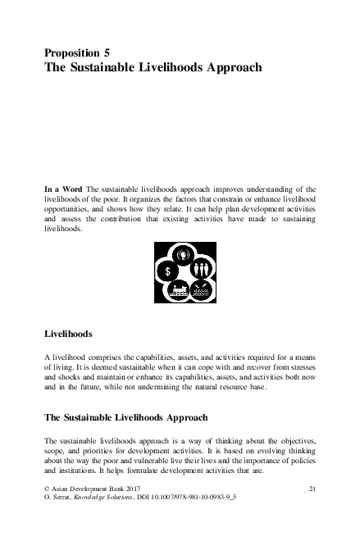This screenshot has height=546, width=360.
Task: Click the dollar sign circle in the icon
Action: click(167, 270)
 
